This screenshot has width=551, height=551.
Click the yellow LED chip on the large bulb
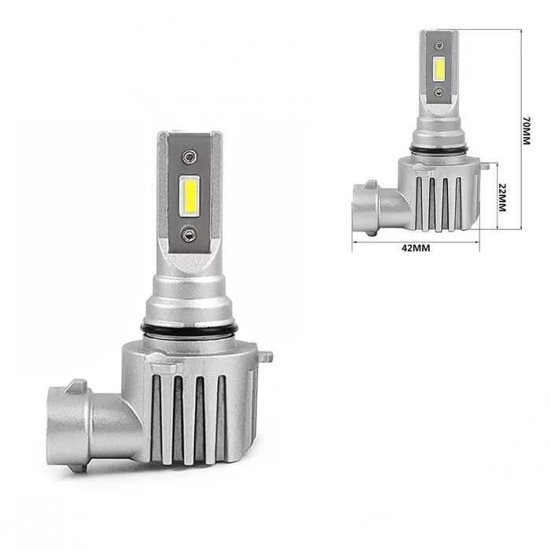189,195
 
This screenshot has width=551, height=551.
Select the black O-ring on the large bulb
188,328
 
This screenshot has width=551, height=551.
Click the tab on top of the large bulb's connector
76,386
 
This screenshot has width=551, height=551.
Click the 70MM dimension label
526,131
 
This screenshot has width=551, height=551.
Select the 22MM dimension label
501,197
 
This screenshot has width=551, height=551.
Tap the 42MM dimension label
416,249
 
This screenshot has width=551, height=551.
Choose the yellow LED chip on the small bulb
438,68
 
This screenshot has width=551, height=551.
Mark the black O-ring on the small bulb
438,149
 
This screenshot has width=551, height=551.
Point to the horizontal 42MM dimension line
416,241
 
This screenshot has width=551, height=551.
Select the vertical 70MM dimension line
521,130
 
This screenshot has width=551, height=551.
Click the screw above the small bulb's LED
438,46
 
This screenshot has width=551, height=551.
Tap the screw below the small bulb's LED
438,92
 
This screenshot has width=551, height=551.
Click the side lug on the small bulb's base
485,165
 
